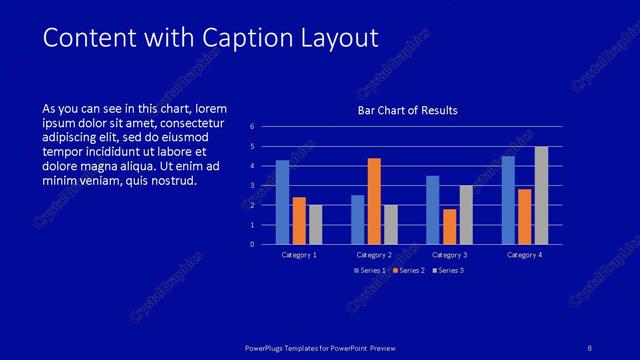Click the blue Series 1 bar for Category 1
(x=283, y=203)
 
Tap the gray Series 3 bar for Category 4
(x=541, y=196)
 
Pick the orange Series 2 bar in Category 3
(x=449, y=227)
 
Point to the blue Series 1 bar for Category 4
(x=508, y=200)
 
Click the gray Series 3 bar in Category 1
(x=316, y=225)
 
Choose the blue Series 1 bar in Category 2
(x=358, y=220)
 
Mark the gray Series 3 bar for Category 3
(x=466, y=215)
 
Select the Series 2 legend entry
(x=409, y=271)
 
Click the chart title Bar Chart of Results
(x=408, y=111)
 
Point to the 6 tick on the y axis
(x=252, y=127)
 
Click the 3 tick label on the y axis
(x=252, y=186)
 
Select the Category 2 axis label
(x=374, y=255)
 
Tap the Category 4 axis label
(x=524, y=255)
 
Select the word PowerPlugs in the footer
(x=269, y=347)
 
